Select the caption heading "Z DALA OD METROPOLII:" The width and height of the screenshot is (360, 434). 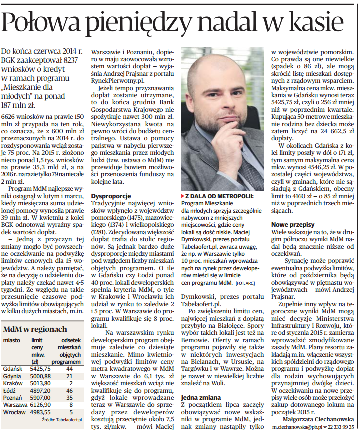click(x=219, y=197)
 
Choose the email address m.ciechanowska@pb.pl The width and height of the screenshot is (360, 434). click(x=294, y=428)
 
